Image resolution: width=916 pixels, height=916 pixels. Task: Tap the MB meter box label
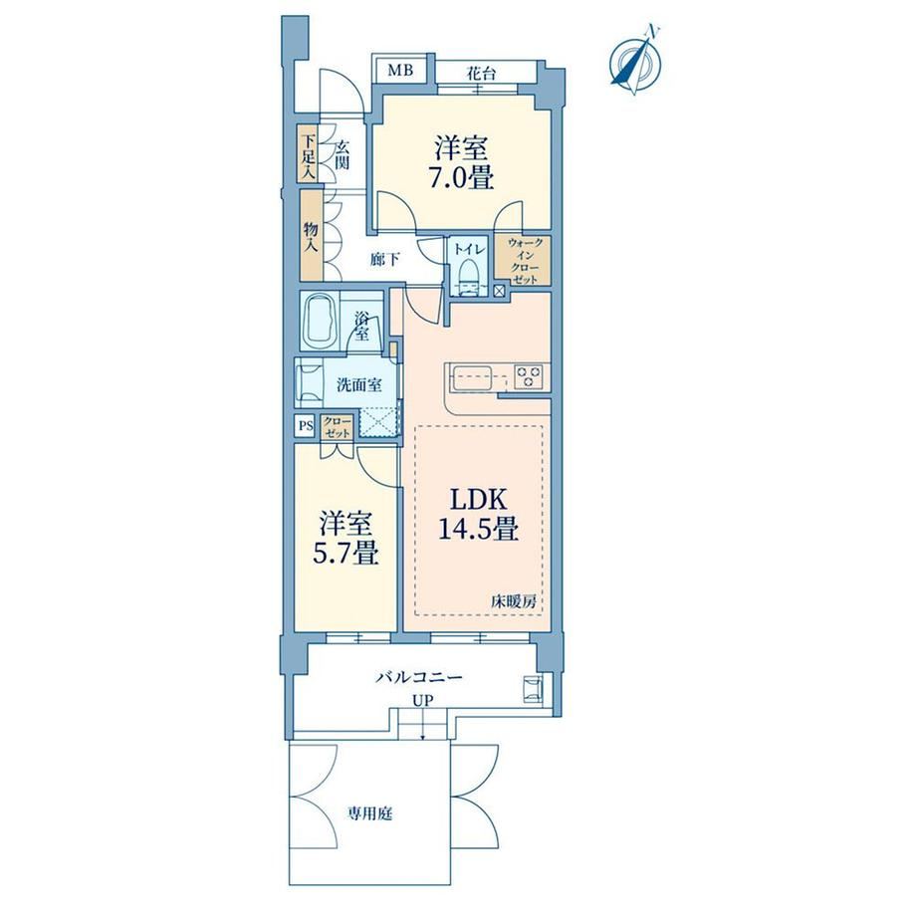point(400,71)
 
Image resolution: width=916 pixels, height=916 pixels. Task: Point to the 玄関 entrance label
point(342,154)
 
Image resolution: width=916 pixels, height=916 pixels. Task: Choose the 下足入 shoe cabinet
point(308,154)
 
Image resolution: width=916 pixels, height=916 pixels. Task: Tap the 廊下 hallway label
point(385,260)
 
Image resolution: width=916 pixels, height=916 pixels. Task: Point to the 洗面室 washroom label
point(359,385)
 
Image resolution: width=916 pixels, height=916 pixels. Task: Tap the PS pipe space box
point(306,425)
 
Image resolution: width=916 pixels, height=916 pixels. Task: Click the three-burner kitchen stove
point(529,375)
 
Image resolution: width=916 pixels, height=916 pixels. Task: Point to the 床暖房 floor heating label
point(514,602)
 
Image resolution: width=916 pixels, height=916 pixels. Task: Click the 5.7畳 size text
point(345,554)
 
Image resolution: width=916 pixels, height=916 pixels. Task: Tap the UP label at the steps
point(423,701)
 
